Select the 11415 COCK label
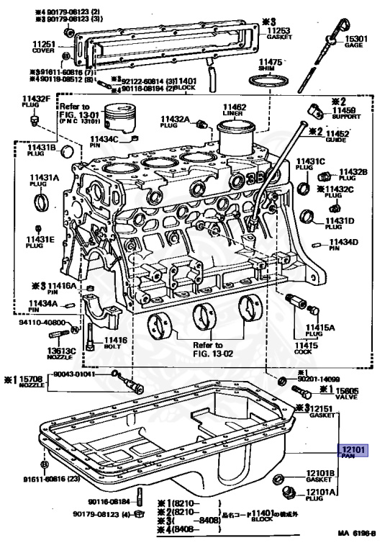point(305,349)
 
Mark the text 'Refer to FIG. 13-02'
point(207,349)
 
